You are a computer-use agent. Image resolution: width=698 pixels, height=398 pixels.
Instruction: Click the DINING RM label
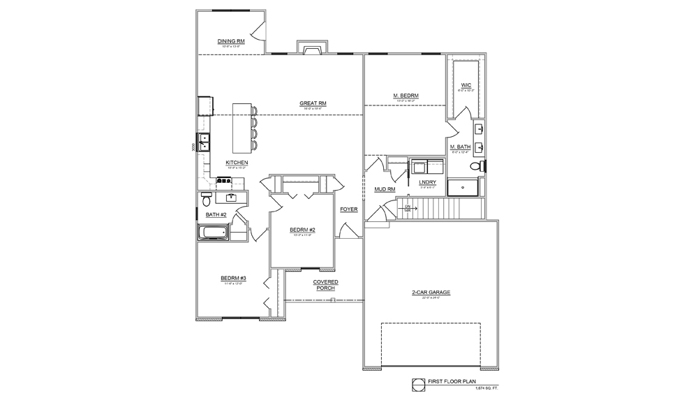tap(230, 41)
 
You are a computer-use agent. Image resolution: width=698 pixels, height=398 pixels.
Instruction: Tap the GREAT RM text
tap(313, 103)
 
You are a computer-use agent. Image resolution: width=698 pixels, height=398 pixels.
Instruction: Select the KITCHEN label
tap(237, 163)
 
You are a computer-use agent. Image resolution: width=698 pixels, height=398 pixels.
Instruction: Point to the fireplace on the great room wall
tap(311, 47)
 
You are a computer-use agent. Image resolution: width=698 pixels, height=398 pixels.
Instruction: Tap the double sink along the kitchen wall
tap(205, 142)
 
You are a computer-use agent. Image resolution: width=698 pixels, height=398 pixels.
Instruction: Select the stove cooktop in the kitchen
tap(225, 181)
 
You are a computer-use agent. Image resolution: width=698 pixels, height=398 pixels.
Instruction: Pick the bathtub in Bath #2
tap(214, 233)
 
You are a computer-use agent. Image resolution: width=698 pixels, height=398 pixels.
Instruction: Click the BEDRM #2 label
tap(303, 230)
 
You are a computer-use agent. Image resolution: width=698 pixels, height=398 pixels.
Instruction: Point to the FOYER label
tap(348, 209)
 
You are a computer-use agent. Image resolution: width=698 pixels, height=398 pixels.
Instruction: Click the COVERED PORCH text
tap(325, 285)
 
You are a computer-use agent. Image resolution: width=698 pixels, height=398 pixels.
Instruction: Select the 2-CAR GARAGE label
tap(431, 293)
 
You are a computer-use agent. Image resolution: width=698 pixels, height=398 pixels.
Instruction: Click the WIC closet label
tap(466, 85)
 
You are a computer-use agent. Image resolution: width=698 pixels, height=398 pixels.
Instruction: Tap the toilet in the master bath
tap(477, 167)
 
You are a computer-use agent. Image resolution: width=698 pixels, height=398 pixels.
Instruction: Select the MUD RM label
tap(385, 189)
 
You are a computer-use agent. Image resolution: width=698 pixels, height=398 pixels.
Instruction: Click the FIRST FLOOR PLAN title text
tap(456, 382)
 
